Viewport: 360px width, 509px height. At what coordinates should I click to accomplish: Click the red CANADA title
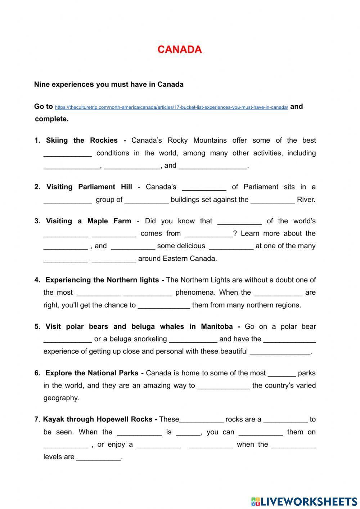coord(179,50)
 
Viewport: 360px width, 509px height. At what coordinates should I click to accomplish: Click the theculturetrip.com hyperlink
coord(171,107)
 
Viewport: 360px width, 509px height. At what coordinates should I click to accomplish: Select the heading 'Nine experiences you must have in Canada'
coord(109,84)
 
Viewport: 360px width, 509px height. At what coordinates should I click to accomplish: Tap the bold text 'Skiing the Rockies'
coord(82,140)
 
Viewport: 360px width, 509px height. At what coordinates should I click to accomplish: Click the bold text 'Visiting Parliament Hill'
coord(89,187)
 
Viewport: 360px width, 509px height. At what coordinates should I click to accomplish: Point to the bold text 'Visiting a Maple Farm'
coord(88,221)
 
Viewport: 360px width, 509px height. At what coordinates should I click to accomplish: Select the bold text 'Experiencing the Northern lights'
coord(102,280)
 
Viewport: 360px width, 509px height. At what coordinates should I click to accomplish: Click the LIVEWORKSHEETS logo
coord(304,501)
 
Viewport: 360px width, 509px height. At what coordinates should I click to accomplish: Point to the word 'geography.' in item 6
coord(61,398)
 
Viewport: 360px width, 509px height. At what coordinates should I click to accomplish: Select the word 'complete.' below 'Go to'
coord(51,119)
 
